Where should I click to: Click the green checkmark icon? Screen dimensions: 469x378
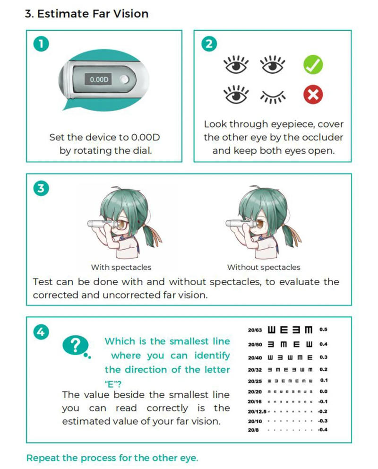point(313,65)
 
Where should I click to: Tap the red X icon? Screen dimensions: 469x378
point(313,96)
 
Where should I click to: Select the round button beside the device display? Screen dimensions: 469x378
point(124,79)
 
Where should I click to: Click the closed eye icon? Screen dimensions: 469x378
point(274,97)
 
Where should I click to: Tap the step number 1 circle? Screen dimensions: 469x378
point(41,44)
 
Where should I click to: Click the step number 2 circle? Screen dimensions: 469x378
point(209,44)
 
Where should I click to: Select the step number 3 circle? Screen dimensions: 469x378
point(41,188)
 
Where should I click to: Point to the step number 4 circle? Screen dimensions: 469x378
point(41,331)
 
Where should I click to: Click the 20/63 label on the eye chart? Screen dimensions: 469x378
point(255,330)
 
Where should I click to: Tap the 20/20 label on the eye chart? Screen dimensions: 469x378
point(255,392)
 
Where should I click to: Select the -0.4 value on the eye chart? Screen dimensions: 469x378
point(323,430)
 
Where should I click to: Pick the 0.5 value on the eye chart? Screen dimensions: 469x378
point(323,330)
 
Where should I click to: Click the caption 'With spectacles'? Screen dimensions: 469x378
point(121,268)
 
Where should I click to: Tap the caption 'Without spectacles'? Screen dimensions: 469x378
point(264,268)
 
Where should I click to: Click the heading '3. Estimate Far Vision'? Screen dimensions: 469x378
point(86,14)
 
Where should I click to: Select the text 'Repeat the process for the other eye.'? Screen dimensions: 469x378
point(112,458)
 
